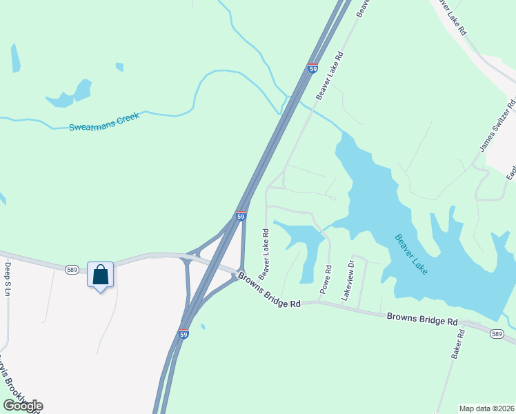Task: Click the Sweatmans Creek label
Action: [104, 122]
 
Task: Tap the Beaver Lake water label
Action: [412, 255]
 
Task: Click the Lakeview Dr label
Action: [349, 279]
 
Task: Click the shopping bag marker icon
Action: [101, 275]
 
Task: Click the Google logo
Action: [23, 405]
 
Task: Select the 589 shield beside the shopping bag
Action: [72, 270]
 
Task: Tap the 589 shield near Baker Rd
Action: [497, 334]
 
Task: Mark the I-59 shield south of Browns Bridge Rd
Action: [184, 333]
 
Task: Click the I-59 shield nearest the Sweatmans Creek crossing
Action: [312, 69]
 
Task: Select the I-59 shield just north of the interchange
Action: [241, 216]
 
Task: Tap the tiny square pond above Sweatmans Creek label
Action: [119, 67]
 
